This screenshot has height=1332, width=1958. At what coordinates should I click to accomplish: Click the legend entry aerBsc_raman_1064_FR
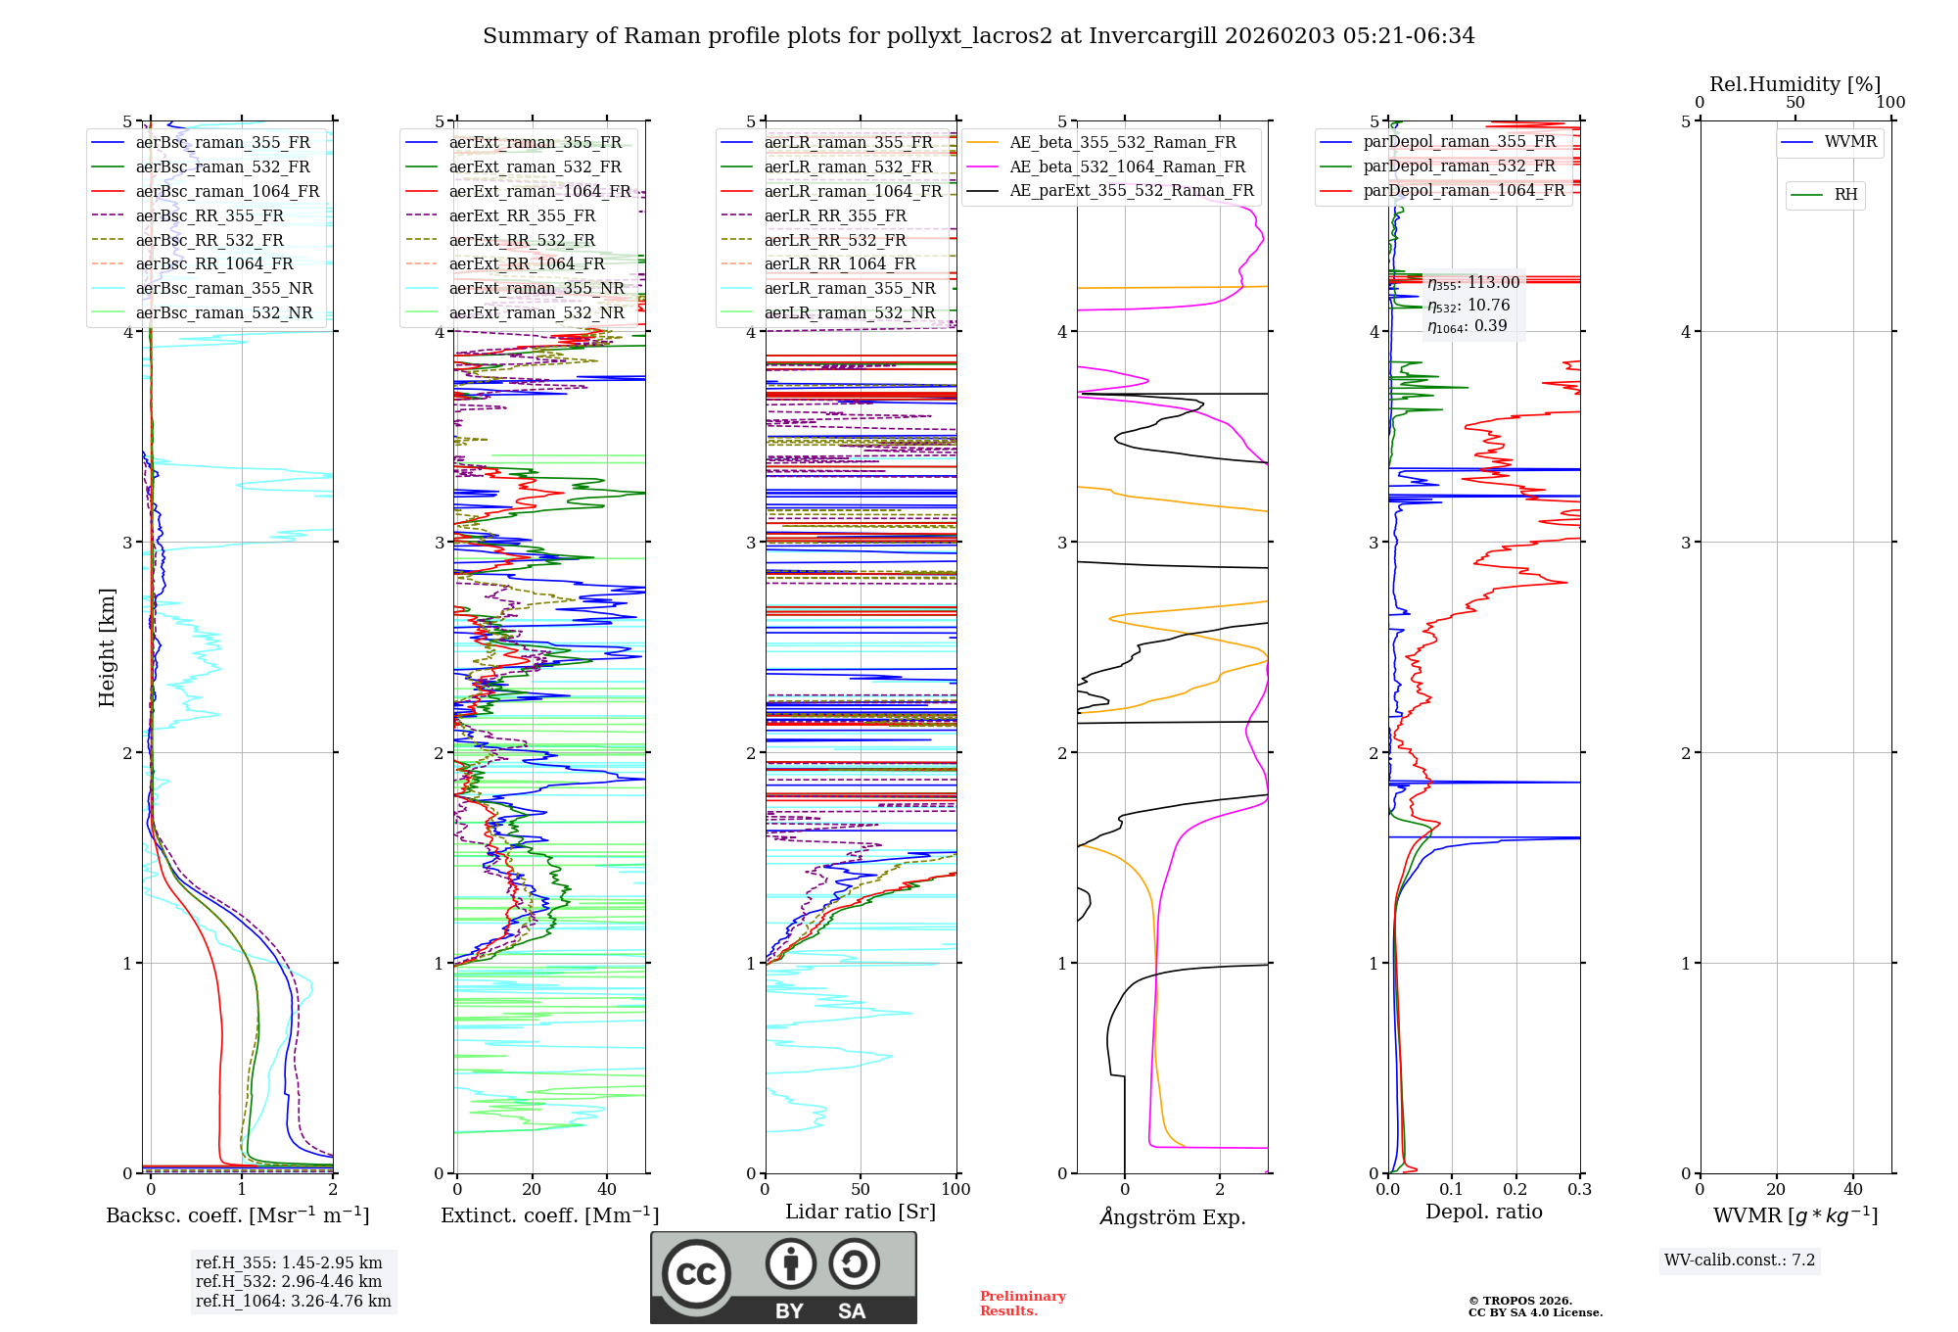point(227,191)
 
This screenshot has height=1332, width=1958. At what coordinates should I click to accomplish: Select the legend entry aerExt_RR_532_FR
point(522,240)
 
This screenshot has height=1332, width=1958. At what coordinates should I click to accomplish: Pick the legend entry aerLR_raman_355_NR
point(850,288)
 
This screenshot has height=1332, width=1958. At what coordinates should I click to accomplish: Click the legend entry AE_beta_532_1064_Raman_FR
point(1127,166)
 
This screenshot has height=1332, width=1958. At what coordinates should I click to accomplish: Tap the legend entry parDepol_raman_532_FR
point(1459,166)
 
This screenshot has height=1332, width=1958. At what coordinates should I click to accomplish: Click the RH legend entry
point(1845,195)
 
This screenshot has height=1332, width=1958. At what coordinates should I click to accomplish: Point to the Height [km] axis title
point(107,647)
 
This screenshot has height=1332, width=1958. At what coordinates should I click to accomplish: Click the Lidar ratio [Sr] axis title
point(860,1212)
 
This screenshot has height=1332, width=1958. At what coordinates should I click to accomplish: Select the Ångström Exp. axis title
point(1172,1216)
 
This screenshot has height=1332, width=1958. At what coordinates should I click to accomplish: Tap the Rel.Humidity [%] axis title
point(1795,84)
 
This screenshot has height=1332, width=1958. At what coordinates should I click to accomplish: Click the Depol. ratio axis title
point(1483,1212)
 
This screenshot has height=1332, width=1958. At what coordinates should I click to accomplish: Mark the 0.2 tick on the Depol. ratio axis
point(1515,1189)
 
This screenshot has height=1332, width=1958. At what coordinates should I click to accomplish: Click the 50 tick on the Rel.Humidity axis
point(1795,103)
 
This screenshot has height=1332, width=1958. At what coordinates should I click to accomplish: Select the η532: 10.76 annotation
point(1468,306)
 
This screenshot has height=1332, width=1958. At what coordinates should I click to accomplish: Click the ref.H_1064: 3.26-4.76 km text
point(293,1301)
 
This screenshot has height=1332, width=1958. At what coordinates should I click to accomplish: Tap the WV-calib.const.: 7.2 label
point(1739,1260)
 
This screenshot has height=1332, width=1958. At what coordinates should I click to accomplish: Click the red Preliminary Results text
point(1022,1303)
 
